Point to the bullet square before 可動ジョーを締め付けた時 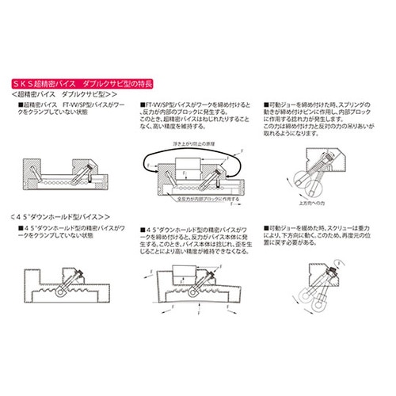pos(266,105)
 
